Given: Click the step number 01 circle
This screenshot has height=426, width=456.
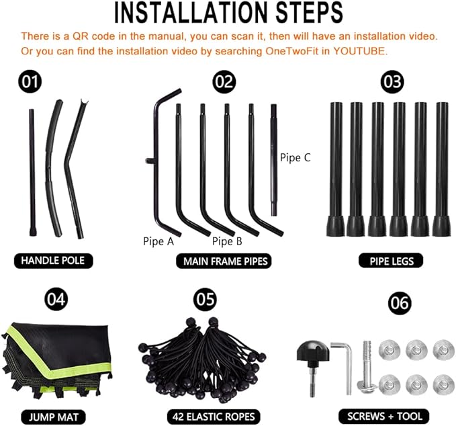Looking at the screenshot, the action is [30, 82].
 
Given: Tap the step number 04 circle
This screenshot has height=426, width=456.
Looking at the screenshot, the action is [56, 300].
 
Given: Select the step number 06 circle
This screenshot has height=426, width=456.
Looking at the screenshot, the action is [400, 303].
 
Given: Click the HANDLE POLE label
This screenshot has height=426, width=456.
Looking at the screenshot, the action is [53, 261].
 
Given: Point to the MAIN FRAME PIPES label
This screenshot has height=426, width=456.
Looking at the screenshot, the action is [224, 261].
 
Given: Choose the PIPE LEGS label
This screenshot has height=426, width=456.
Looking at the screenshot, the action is [391, 261].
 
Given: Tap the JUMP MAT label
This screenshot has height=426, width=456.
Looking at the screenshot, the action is [54, 417].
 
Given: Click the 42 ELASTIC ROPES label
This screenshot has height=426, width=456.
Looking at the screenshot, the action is [214, 417].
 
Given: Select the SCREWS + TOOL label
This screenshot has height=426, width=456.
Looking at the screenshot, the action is [384, 417].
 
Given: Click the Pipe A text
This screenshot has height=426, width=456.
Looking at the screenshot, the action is [158, 241].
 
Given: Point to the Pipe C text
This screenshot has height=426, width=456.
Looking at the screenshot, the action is [295, 158].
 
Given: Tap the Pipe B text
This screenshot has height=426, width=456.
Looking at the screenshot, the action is [227, 241].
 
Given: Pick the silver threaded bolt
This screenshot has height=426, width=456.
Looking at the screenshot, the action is [367, 368].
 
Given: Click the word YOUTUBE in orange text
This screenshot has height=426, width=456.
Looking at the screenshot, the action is [359, 51].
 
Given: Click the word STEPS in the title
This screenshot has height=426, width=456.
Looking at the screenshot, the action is [309, 13].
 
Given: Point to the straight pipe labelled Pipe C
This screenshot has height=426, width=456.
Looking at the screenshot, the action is [273, 160].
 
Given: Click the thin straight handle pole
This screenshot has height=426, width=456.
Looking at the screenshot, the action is [32, 172].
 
